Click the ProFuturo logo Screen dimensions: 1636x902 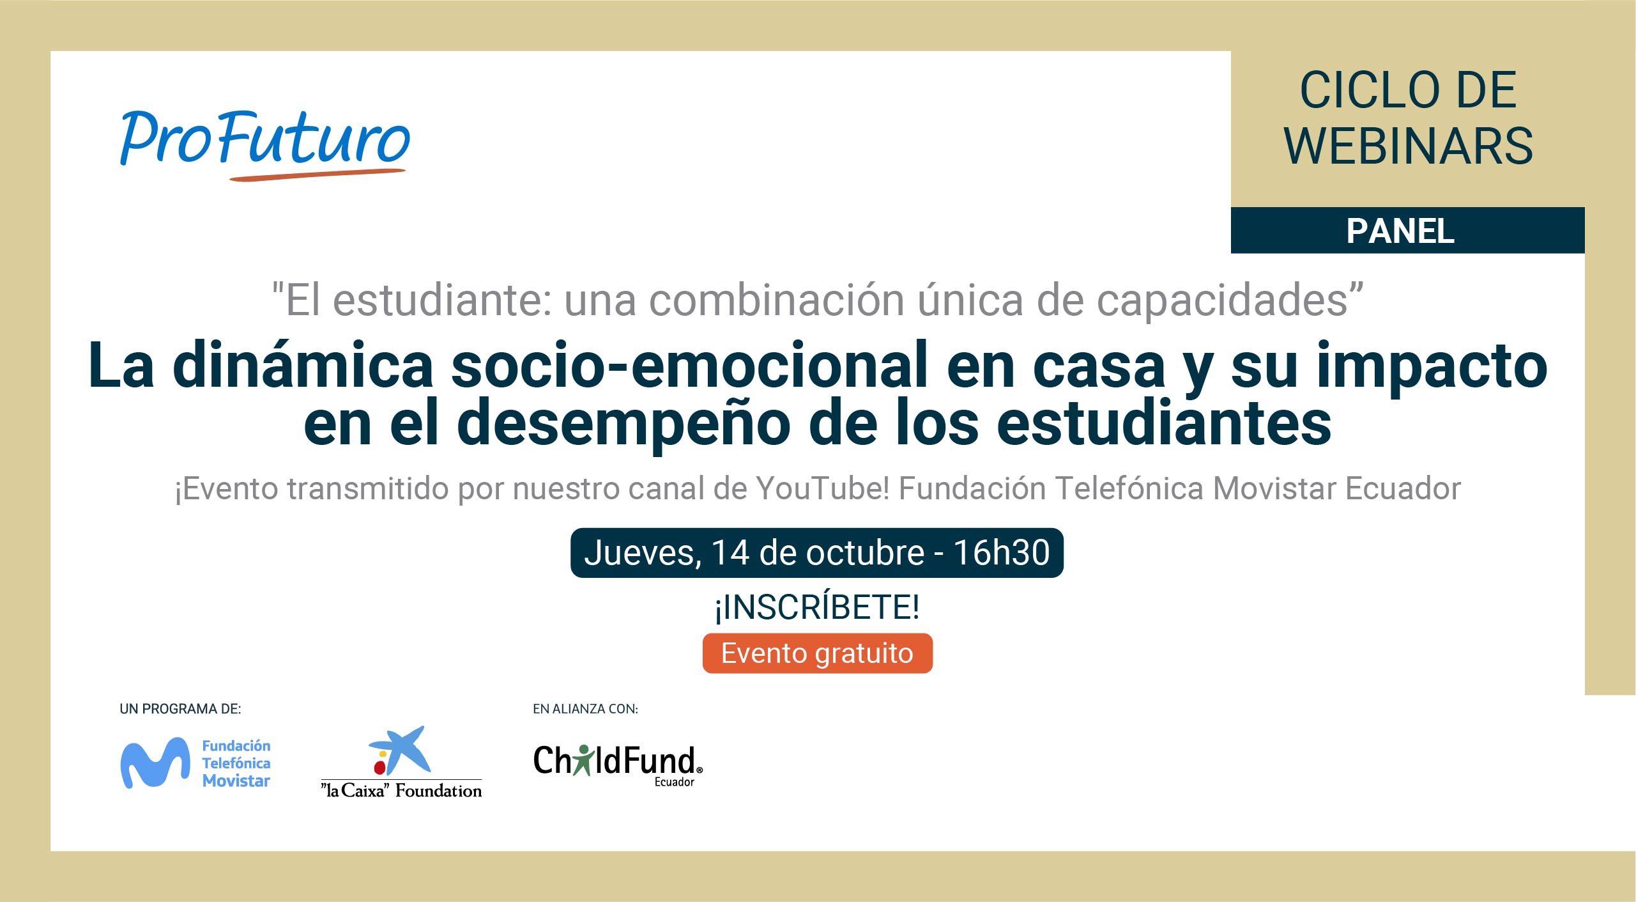coord(264,144)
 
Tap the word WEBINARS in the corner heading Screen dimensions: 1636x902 coord(1408,146)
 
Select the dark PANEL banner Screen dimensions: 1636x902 coord(1407,230)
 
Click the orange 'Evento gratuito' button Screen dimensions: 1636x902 coord(817,653)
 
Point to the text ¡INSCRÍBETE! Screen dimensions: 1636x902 coord(817,607)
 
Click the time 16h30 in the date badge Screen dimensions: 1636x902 coord(1002,552)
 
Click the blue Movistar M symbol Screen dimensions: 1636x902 coord(155,763)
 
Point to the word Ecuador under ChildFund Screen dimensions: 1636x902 coord(674,782)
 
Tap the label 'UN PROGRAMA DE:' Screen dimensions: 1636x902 coord(180,709)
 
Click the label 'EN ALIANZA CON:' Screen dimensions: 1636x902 coord(585,709)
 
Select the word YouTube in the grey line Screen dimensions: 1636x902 coord(823,488)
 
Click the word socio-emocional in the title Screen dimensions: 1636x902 coord(690,366)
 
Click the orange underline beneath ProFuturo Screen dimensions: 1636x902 coord(317,175)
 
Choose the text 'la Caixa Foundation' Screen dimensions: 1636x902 coord(401,791)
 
